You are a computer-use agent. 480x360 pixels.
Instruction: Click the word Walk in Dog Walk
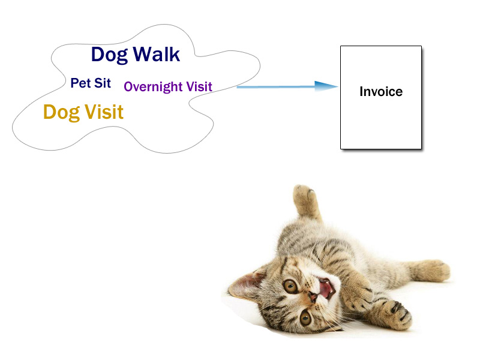157,55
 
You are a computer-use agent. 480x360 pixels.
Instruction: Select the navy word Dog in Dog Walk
109,55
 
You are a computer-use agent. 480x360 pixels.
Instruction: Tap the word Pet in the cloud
81,83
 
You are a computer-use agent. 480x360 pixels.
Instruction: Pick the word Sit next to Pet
103,83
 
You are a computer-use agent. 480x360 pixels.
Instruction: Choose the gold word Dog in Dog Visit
62,113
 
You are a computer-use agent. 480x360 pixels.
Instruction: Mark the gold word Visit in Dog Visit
104,112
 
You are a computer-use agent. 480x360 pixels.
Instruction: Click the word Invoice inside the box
381,92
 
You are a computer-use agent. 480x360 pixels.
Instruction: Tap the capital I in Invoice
362,92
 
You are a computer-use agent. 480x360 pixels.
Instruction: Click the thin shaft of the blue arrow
276,87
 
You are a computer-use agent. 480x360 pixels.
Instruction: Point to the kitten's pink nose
313,296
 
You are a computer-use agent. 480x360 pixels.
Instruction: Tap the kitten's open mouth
326,288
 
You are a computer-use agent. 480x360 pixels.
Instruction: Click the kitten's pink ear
247,284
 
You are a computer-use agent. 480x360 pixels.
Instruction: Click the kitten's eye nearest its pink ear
290,286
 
